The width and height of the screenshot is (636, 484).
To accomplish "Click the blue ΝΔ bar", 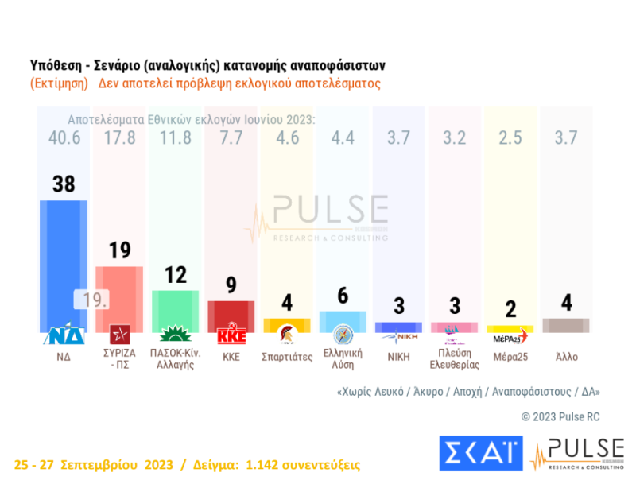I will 63,262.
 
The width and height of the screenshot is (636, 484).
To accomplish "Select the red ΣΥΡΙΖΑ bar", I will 119,294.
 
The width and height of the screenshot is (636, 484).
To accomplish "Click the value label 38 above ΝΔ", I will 63,184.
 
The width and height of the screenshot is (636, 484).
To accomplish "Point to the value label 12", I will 175,275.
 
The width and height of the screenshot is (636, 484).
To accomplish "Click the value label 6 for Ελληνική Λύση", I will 343,295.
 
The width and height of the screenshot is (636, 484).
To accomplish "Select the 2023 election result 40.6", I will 63,137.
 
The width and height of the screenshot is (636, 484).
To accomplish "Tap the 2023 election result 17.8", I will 119,137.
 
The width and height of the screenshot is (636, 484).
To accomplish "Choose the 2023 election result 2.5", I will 510,137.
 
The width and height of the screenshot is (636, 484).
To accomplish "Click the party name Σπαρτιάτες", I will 286,357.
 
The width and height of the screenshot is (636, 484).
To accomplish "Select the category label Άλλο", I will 567,357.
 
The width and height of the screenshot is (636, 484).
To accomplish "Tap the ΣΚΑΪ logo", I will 479,454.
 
